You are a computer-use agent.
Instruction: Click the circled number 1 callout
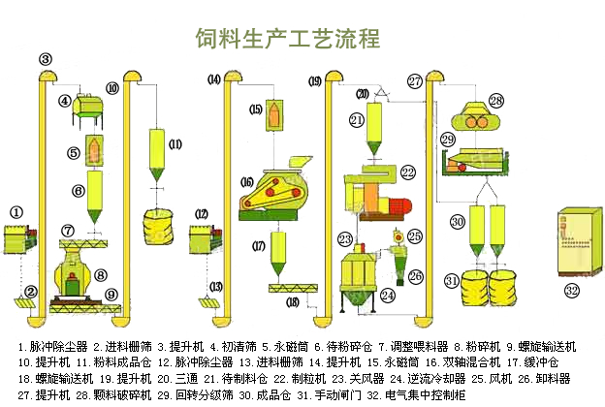[x=16, y=212]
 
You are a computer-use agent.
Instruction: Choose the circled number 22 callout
[x=407, y=172]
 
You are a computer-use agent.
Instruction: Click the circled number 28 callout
[x=495, y=100]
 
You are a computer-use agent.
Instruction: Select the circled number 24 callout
[x=387, y=295]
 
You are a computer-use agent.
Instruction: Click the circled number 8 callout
[x=100, y=274]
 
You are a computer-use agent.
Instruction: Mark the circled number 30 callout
[x=458, y=221]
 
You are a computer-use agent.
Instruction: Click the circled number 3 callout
[x=46, y=60]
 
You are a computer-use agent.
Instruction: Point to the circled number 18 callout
[x=294, y=303]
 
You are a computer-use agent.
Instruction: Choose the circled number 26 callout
[x=416, y=276]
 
